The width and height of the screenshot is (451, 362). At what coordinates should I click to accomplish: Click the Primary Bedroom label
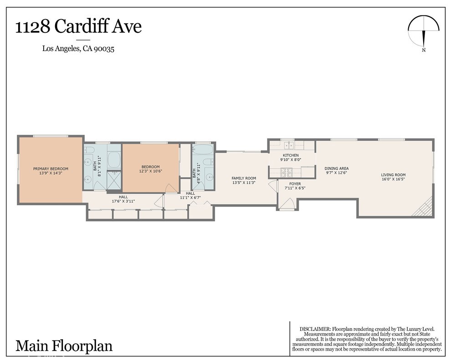coord(51,169)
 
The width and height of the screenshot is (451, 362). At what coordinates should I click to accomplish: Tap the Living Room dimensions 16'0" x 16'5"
coord(393,180)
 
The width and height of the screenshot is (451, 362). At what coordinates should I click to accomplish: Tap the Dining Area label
coord(337,168)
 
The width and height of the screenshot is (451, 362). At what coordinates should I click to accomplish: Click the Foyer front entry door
coord(287,205)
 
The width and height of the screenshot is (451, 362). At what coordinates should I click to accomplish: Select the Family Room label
coord(244,178)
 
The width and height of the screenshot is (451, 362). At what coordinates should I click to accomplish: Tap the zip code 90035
coord(104,48)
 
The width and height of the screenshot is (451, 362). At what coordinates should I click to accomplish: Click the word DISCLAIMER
coord(315,329)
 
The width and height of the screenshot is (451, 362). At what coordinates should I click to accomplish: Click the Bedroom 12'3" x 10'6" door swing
coord(170,188)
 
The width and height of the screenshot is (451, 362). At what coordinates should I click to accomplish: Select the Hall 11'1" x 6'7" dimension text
coord(190,198)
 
